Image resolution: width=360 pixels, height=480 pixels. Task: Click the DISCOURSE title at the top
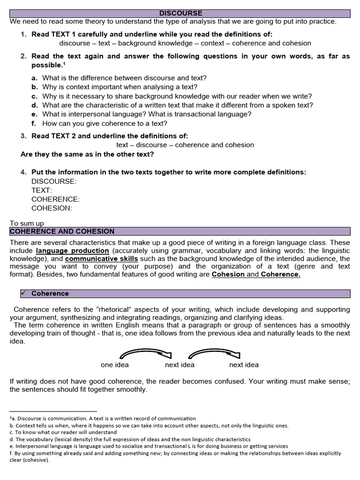pyautogui.click(x=180, y=13)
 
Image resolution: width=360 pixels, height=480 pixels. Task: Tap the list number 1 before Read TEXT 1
pyautogui.click(x=23, y=34)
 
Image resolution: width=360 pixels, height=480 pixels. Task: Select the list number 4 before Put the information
pyautogui.click(x=23, y=172)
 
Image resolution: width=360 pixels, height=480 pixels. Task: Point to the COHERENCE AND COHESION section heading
pyautogui.click(x=62, y=232)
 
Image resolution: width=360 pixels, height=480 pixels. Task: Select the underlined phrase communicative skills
pyautogui.click(x=101, y=259)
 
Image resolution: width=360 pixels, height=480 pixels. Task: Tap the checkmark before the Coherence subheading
pyautogui.click(x=23, y=293)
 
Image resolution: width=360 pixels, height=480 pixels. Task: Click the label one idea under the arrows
pyautogui.click(x=114, y=365)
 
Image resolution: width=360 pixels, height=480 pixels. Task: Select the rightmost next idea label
pyautogui.click(x=244, y=365)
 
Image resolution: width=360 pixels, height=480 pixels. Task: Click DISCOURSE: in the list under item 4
pyautogui.click(x=54, y=181)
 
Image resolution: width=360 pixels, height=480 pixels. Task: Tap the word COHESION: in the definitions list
pyautogui.click(x=52, y=208)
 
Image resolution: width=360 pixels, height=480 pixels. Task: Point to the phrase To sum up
pyautogui.click(x=27, y=224)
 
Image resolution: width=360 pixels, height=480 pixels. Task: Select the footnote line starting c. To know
pyautogui.click(x=63, y=432)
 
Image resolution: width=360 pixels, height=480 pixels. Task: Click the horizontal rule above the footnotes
pyautogui.click(x=53, y=411)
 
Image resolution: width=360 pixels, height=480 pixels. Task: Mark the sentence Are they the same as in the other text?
pyautogui.click(x=87, y=154)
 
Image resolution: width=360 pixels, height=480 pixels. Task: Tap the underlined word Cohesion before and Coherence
pyautogui.click(x=228, y=275)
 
